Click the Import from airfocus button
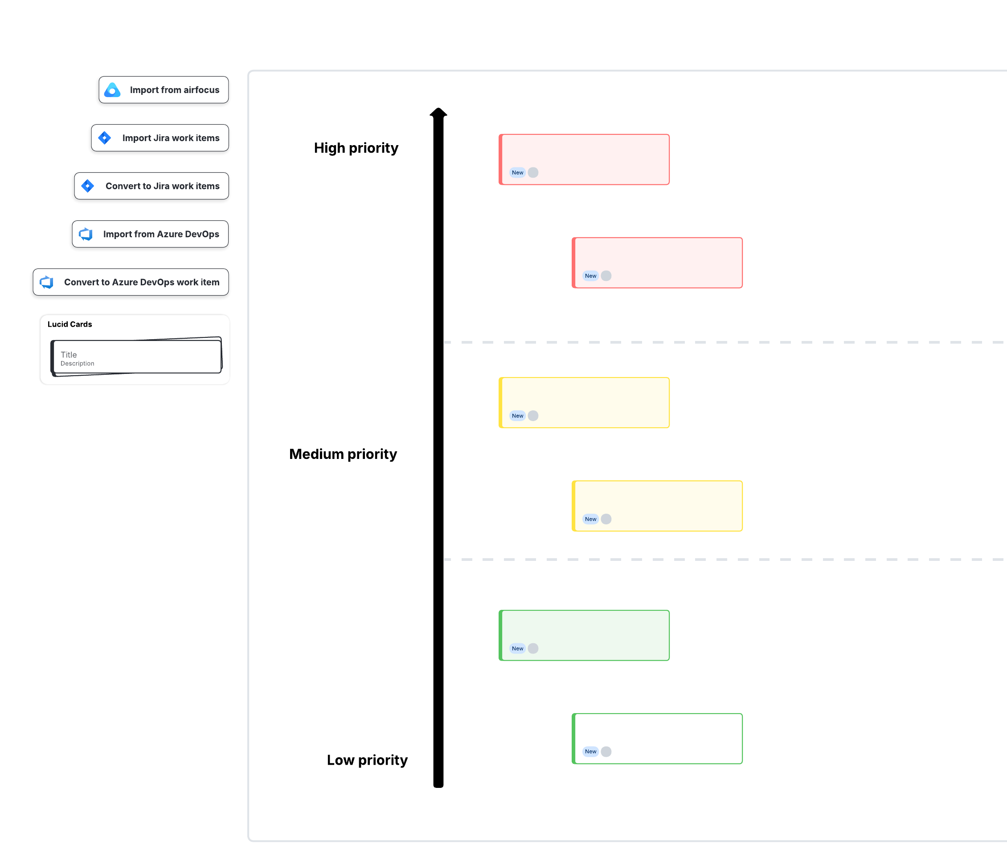tap(164, 90)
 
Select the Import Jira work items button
tap(160, 138)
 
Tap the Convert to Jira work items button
tap(151, 186)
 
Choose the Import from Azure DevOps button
tap(150, 234)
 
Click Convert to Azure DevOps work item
tap(131, 282)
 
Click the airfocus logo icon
tap(112, 90)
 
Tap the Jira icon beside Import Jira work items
tap(105, 138)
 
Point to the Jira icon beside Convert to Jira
tap(87, 186)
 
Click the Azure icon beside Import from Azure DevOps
tap(86, 234)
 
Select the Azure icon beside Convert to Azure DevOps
tap(47, 282)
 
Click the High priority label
tap(356, 148)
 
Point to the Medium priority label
tap(343, 454)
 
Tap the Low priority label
tap(367, 760)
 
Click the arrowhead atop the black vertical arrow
tap(438, 113)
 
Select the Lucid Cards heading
tap(70, 325)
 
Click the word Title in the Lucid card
tap(69, 355)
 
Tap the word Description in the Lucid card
tap(77, 364)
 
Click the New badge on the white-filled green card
tap(590, 752)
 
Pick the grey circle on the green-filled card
tap(533, 649)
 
